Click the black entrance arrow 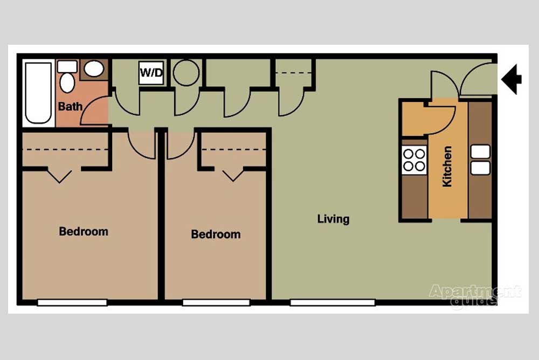[x=512, y=79]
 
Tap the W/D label [x=151, y=73]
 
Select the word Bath [x=71, y=106]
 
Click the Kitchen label [x=447, y=167]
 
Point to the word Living [x=333, y=219]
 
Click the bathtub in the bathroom [x=38, y=93]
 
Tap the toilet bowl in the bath [x=67, y=83]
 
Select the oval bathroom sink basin [x=94, y=69]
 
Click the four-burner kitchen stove [x=414, y=160]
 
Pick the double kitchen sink [x=480, y=160]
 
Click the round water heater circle [x=186, y=73]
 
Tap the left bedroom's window [x=72, y=302]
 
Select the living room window [x=333, y=302]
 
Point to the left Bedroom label [x=84, y=231]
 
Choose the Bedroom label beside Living [x=216, y=234]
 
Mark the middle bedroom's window [x=216, y=302]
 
